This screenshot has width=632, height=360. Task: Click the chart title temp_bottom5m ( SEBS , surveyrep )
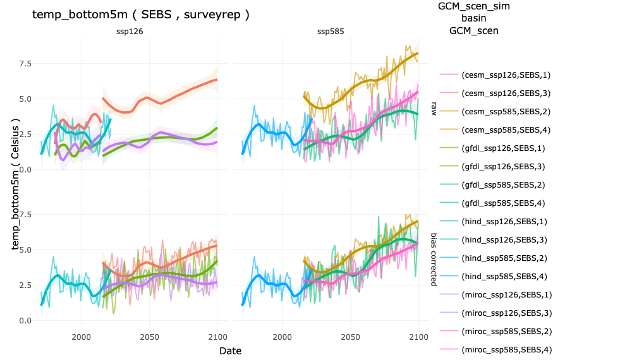tap(140, 15)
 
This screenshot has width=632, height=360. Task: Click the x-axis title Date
tap(230, 350)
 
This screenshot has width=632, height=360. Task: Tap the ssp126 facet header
tap(129, 32)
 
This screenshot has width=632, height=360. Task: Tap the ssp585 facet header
tap(330, 32)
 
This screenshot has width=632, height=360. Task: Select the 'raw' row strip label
tap(434, 109)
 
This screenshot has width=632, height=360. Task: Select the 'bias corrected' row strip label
tap(434, 258)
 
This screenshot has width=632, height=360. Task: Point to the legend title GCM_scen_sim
tap(473, 6)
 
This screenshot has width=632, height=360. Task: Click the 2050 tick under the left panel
tap(150, 335)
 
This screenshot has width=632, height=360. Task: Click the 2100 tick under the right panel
tap(418, 335)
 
